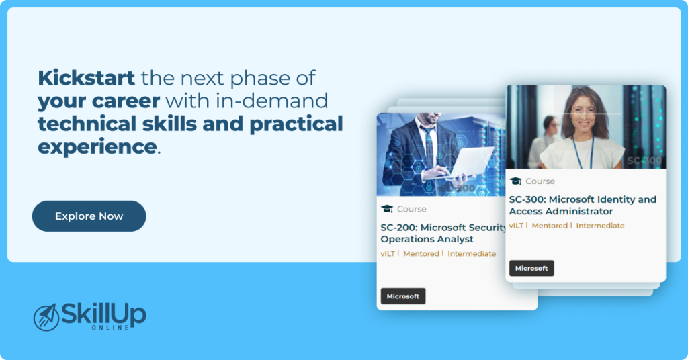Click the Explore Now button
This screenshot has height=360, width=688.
pyautogui.click(x=89, y=216)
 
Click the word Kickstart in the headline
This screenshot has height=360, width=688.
pyautogui.click(x=86, y=78)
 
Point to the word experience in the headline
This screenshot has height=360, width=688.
pyautogui.click(x=97, y=146)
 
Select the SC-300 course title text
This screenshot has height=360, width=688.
pyautogui.click(x=582, y=205)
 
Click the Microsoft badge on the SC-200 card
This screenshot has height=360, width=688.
pyautogui.click(x=403, y=296)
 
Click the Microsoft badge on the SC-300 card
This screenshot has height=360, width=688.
pyautogui.click(x=531, y=268)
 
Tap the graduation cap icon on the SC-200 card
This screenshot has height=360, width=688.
pyautogui.click(x=387, y=209)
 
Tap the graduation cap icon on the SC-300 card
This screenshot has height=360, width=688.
pyautogui.click(x=515, y=181)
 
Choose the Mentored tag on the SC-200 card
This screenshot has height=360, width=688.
pyautogui.click(x=421, y=254)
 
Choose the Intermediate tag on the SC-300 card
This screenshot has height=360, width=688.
pyautogui.click(x=600, y=226)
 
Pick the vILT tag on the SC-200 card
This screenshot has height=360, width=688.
pyautogui.click(x=388, y=254)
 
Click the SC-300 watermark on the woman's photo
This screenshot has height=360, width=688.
pyautogui.click(x=644, y=161)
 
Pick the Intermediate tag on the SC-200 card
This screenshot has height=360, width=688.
pyautogui.click(x=472, y=254)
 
